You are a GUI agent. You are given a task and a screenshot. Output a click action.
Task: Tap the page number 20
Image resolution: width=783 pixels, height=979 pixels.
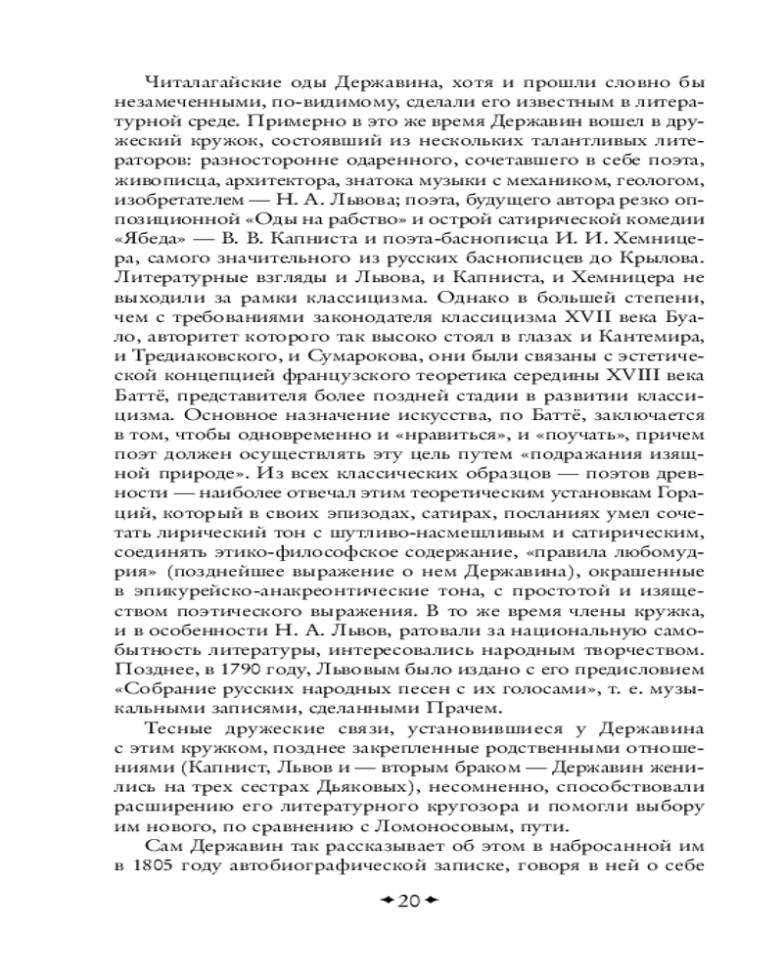[409, 900]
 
